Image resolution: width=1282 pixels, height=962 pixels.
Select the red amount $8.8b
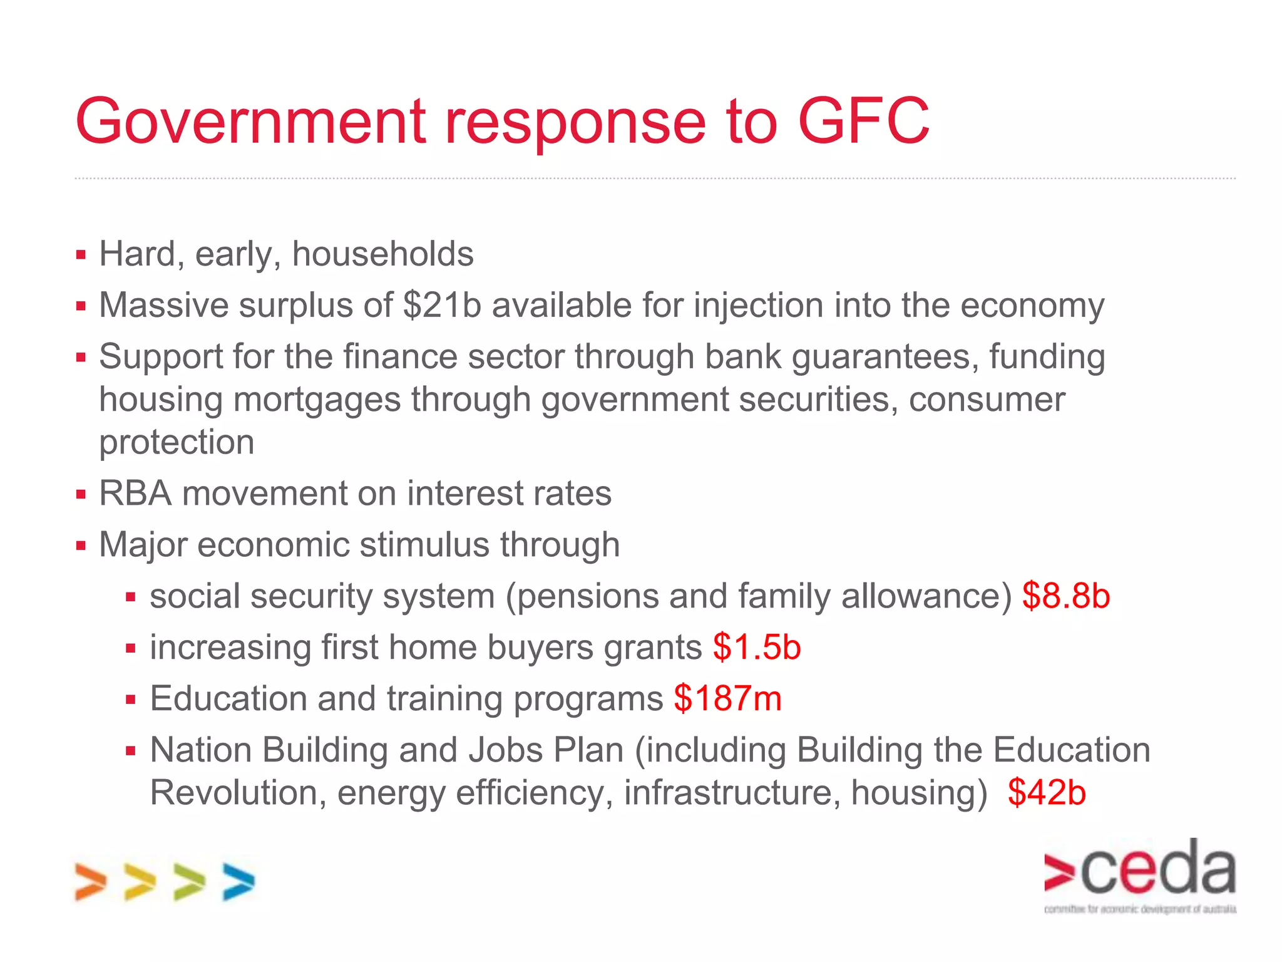click(1066, 596)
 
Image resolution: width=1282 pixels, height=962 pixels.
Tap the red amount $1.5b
click(757, 647)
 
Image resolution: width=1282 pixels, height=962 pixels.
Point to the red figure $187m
click(728, 698)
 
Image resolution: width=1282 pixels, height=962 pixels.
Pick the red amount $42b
click(1047, 792)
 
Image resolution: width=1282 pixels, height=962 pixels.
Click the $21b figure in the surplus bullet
click(443, 306)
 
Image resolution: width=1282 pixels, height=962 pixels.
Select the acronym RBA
click(135, 494)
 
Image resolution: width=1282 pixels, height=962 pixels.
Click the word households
click(382, 254)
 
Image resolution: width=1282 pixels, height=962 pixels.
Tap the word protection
click(177, 442)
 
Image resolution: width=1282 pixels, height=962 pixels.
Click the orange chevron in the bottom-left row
click(91, 882)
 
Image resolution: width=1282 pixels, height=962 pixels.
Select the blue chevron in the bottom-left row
click(238, 882)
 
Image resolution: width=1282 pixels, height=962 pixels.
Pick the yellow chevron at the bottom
click(140, 882)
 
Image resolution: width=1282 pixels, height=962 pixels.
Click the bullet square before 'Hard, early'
click(81, 255)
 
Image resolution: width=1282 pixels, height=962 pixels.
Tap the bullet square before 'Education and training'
click(131, 699)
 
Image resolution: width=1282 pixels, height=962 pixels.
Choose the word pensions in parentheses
click(587, 596)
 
